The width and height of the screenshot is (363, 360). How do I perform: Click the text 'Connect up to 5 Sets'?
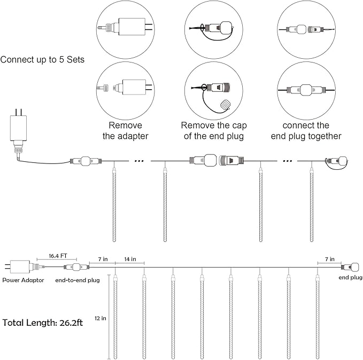click(x=42, y=59)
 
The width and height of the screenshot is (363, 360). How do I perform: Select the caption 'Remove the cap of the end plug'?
click(x=212, y=131)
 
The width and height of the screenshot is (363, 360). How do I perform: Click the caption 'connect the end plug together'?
click(x=306, y=131)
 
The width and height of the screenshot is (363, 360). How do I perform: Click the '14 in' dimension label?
click(x=130, y=259)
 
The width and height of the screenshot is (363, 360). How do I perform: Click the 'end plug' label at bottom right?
click(x=350, y=278)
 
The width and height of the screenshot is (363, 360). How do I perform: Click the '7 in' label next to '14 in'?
click(x=102, y=259)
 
